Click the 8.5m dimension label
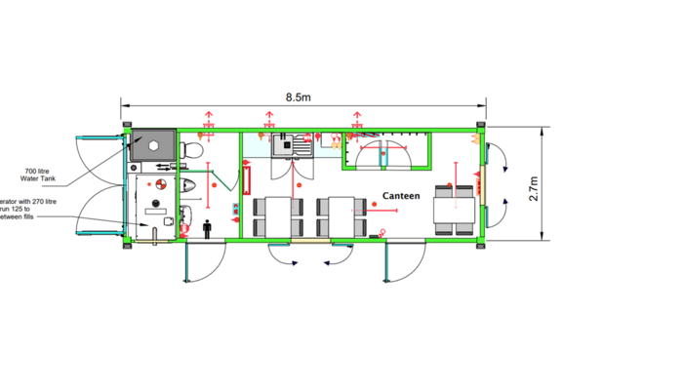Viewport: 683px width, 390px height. tap(299, 97)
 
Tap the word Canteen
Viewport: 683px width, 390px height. tap(400, 196)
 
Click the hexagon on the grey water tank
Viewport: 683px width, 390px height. tap(153, 142)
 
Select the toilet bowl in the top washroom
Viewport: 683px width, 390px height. tap(192, 150)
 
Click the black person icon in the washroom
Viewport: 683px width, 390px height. tap(207, 227)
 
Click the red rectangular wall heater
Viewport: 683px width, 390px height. tap(247, 181)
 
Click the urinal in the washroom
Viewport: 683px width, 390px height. tap(188, 185)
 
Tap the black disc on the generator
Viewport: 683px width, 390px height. tap(153, 204)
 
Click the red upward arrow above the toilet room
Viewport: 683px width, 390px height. tap(208, 120)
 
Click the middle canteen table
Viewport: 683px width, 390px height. tap(341, 215)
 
